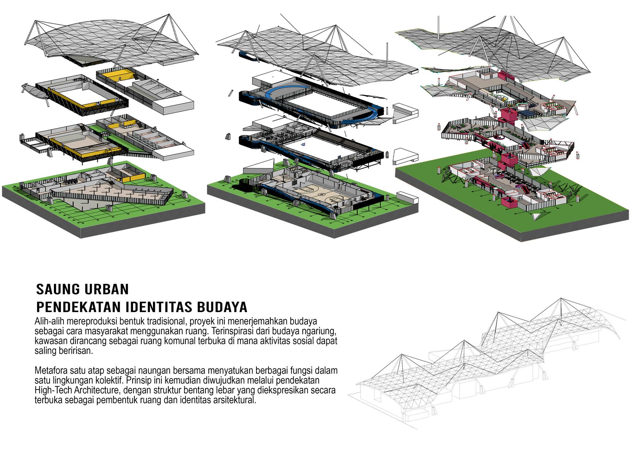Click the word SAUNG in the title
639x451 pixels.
[56, 289]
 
